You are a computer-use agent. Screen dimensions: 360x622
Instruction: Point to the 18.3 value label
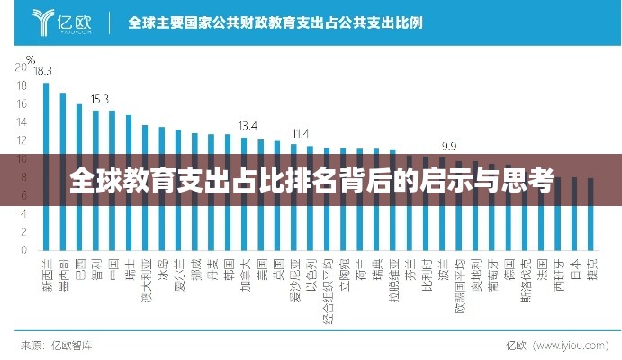[x=43, y=70]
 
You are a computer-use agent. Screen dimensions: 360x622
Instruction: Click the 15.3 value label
[x=99, y=99]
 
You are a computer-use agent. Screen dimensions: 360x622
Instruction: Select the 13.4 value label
[x=248, y=125]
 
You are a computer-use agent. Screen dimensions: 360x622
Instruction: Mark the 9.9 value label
[x=448, y=146]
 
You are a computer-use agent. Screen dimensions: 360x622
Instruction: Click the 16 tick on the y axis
[x=21, y=104]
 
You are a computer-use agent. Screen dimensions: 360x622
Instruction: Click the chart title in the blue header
[x=275, y=21]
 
